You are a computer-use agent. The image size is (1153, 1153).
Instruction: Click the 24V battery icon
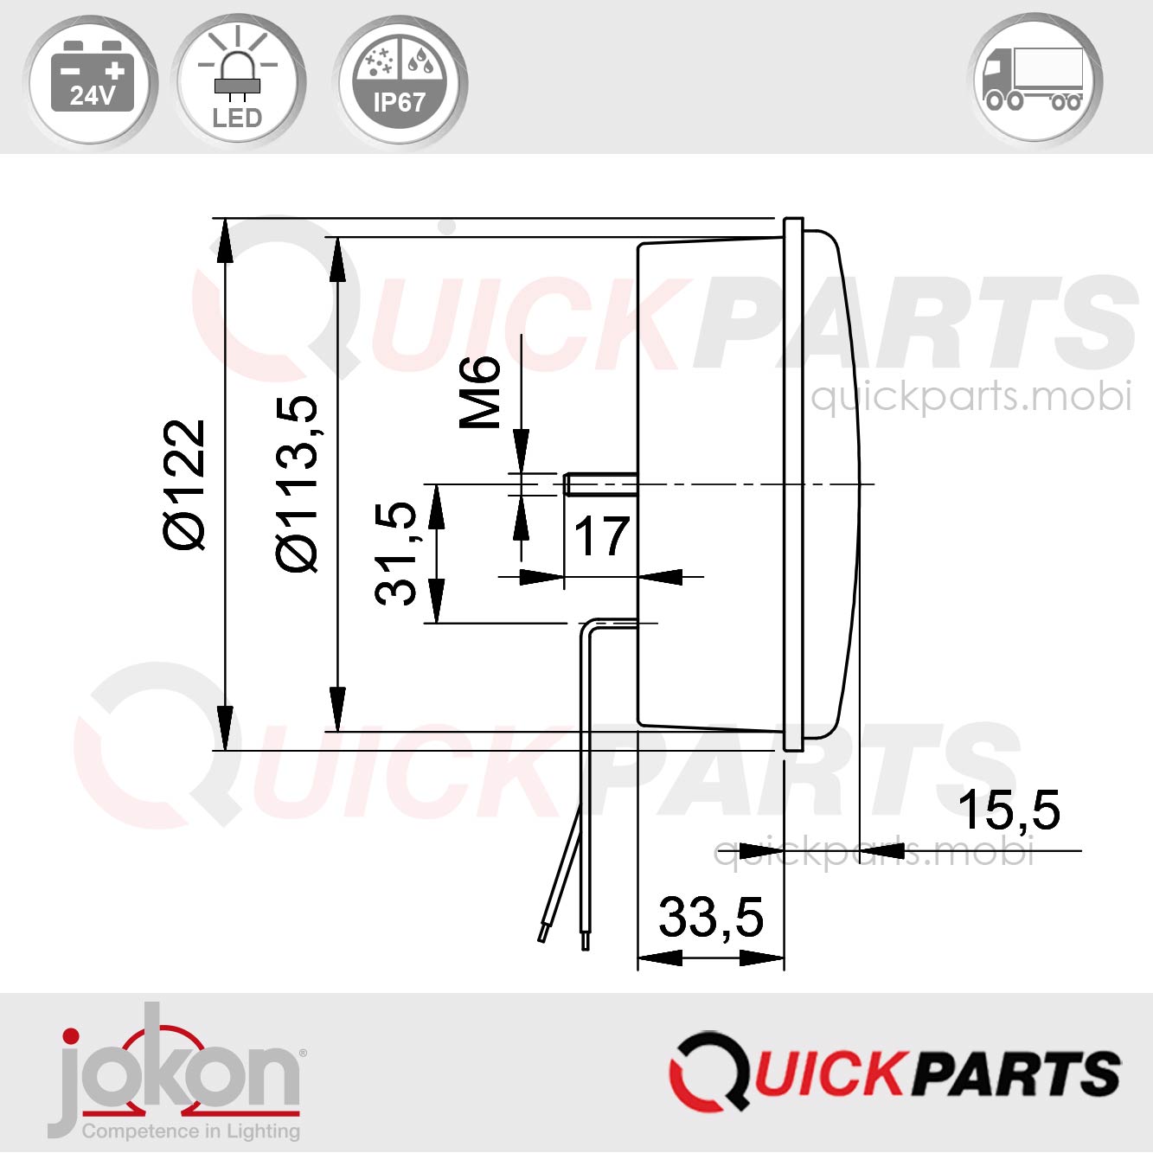click(x=92, y=80)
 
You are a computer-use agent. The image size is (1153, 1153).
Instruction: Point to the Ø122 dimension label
click(x=185, y=484)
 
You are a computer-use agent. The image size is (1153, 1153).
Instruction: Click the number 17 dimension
click(x=601, y=536)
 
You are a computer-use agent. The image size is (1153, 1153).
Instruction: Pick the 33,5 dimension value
click(x=711, y=917)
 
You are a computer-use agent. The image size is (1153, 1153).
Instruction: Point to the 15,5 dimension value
click(x=1009, y=810)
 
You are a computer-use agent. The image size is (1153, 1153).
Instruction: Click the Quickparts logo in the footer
click(x=894, y=1071)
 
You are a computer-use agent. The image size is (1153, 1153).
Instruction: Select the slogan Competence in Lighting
click(x=191, y=1131)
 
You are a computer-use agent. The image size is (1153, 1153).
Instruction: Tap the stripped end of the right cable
click(x=586, y=939)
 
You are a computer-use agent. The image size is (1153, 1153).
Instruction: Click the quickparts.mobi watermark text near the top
click(x=970, y=396)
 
